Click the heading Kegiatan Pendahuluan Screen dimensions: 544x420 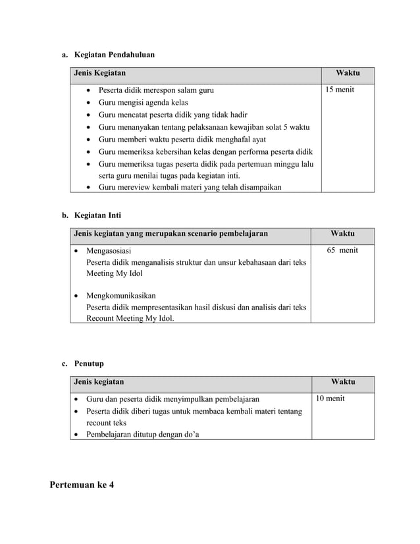point(115,55)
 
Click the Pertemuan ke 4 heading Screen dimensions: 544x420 point(82,485)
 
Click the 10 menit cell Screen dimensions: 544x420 point(330,398)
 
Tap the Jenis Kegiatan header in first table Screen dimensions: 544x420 point(100,72)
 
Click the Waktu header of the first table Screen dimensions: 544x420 point(348,72)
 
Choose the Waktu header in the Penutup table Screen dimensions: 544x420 point(343,381)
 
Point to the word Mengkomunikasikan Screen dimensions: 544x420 point(121,296)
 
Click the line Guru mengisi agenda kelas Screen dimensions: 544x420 point(143,103)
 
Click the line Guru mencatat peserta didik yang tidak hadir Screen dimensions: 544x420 point(172,115)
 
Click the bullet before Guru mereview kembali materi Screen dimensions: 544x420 point(89,188)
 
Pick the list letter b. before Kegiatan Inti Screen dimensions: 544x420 point(65,215)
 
